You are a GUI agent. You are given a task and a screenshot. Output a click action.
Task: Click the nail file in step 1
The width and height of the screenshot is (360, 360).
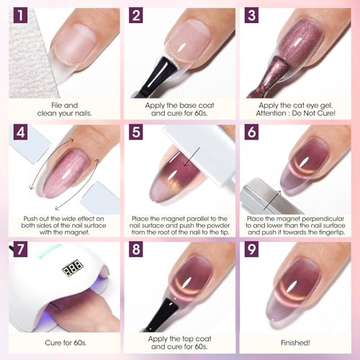click(x=29, y=65)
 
